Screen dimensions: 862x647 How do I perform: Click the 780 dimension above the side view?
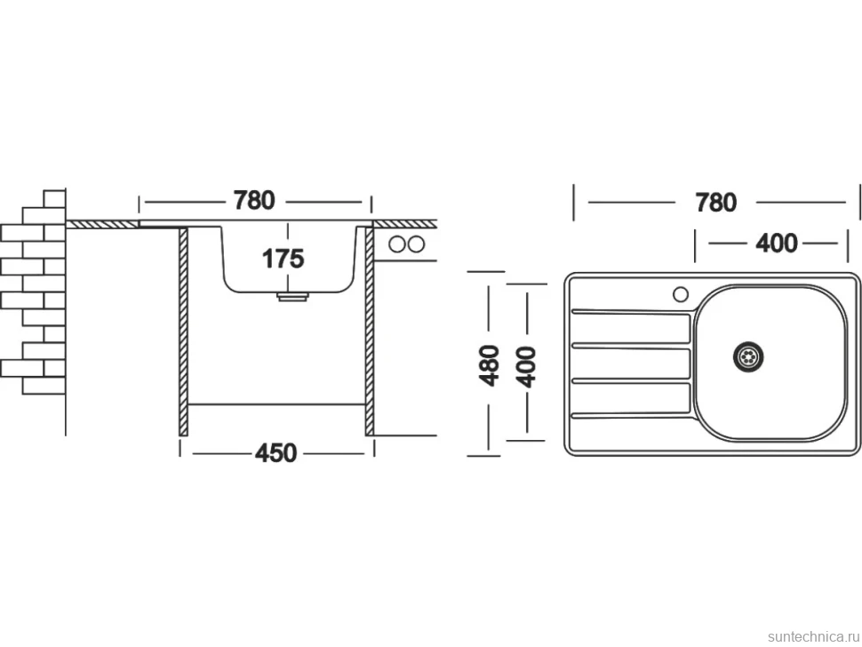pos(254,201)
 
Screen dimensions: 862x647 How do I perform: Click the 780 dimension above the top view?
pos(715,203)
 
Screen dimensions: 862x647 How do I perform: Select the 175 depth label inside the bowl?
pos(283,259)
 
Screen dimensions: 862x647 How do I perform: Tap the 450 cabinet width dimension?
pos(276,453)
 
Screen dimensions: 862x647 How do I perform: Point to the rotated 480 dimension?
pos(489,365)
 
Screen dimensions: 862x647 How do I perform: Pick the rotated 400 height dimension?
pos(526,367)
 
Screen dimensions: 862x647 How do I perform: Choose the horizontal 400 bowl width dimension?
pos(776,243)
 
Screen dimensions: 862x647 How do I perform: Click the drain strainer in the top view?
pos(749,356)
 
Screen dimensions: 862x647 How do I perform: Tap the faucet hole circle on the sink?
pos(681,295)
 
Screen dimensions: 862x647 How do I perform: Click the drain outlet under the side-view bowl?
pos(292,296)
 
